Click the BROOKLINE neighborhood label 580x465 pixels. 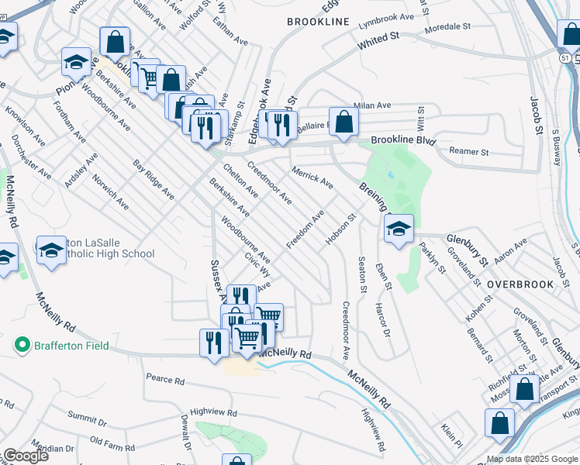[318, 22]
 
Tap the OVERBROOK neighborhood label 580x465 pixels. [520, 284]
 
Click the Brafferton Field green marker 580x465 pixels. [23, 345]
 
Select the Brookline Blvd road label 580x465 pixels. [403, 141]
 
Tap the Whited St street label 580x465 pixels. [378, 42]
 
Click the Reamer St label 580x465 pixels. [470, 153]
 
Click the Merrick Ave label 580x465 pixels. [312, 177]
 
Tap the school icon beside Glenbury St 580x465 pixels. [399, 229]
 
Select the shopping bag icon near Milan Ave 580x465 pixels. [345, 121]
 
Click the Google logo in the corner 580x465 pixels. [26, 456]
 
